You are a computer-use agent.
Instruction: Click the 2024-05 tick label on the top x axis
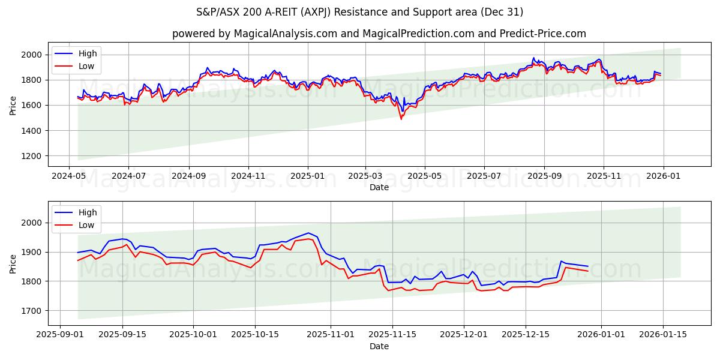68,176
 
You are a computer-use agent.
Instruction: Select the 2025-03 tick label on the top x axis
365,176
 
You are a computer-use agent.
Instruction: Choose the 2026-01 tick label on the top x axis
663,176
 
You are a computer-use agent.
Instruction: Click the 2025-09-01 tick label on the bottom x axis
59,335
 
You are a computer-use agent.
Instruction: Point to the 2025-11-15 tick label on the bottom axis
392,335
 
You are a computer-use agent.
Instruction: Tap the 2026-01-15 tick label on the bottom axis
663,335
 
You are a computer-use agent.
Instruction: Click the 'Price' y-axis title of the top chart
13,105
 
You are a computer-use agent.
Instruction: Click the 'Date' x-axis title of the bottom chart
379,346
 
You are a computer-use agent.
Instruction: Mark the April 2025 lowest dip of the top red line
401,119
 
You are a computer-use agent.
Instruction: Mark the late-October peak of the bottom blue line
308,233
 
